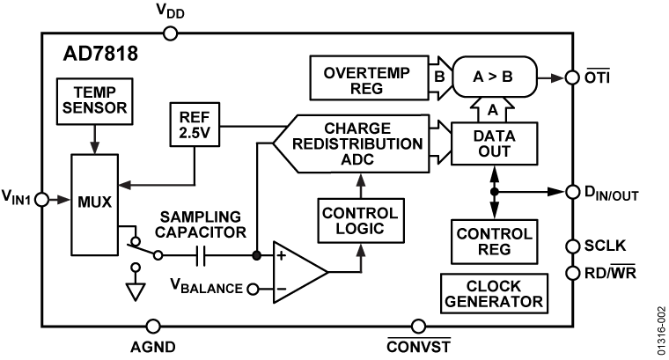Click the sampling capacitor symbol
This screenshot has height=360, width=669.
(201, 256)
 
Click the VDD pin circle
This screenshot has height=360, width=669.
(171, 33)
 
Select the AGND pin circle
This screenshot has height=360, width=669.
(153, 327)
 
